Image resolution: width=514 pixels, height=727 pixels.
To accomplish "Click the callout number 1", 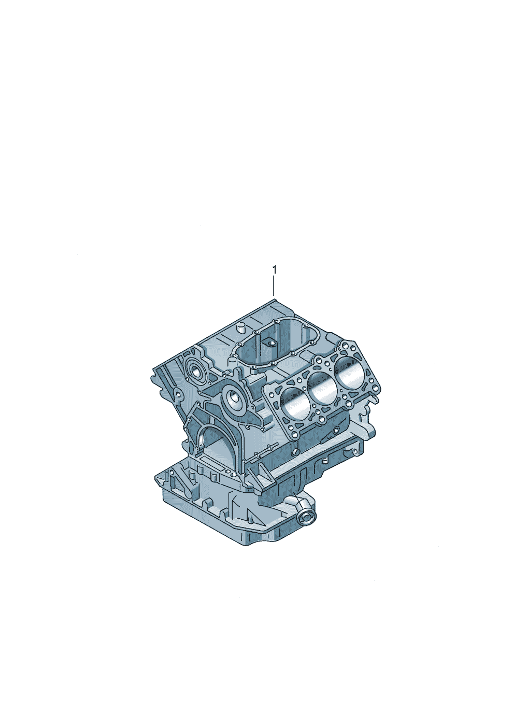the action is pyautogui.click(x=275, y=269).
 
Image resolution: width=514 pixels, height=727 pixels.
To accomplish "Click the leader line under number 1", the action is pyautogui.click(x=274, y=286).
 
